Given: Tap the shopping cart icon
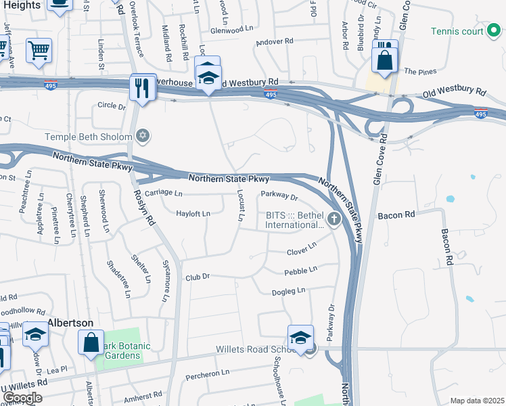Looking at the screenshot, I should [39, 49].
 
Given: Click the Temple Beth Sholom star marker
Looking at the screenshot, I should [142, 137].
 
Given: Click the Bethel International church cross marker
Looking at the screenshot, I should [333, 219].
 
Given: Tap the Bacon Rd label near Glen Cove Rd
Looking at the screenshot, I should [396, 215].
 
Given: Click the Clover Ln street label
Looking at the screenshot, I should [301, 250].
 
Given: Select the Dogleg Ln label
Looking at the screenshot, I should [289, 290].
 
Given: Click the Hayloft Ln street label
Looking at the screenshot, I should [193, 214].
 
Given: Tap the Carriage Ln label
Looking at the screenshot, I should [164, 194].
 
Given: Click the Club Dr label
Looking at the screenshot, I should [199, 277].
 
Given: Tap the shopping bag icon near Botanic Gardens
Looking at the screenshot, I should [91, 342].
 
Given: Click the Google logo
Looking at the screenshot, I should [22, 398].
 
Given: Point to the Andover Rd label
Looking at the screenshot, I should [275, 41].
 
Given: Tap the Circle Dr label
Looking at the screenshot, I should [112, 106].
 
